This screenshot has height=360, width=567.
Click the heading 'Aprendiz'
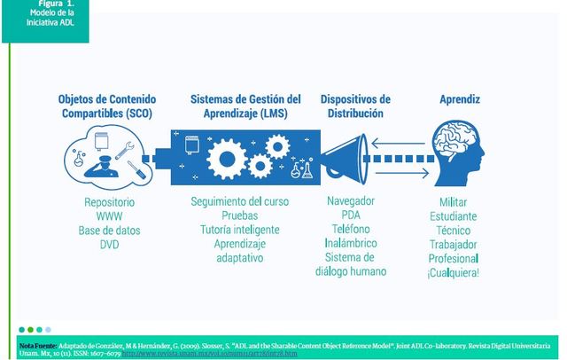click(460, 100)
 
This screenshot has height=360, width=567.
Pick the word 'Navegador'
click(351, 200)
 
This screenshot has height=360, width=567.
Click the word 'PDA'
click(351, 215)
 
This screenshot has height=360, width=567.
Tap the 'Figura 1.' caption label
click(39, 4)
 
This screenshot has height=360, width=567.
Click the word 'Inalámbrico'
click(351, 243)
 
